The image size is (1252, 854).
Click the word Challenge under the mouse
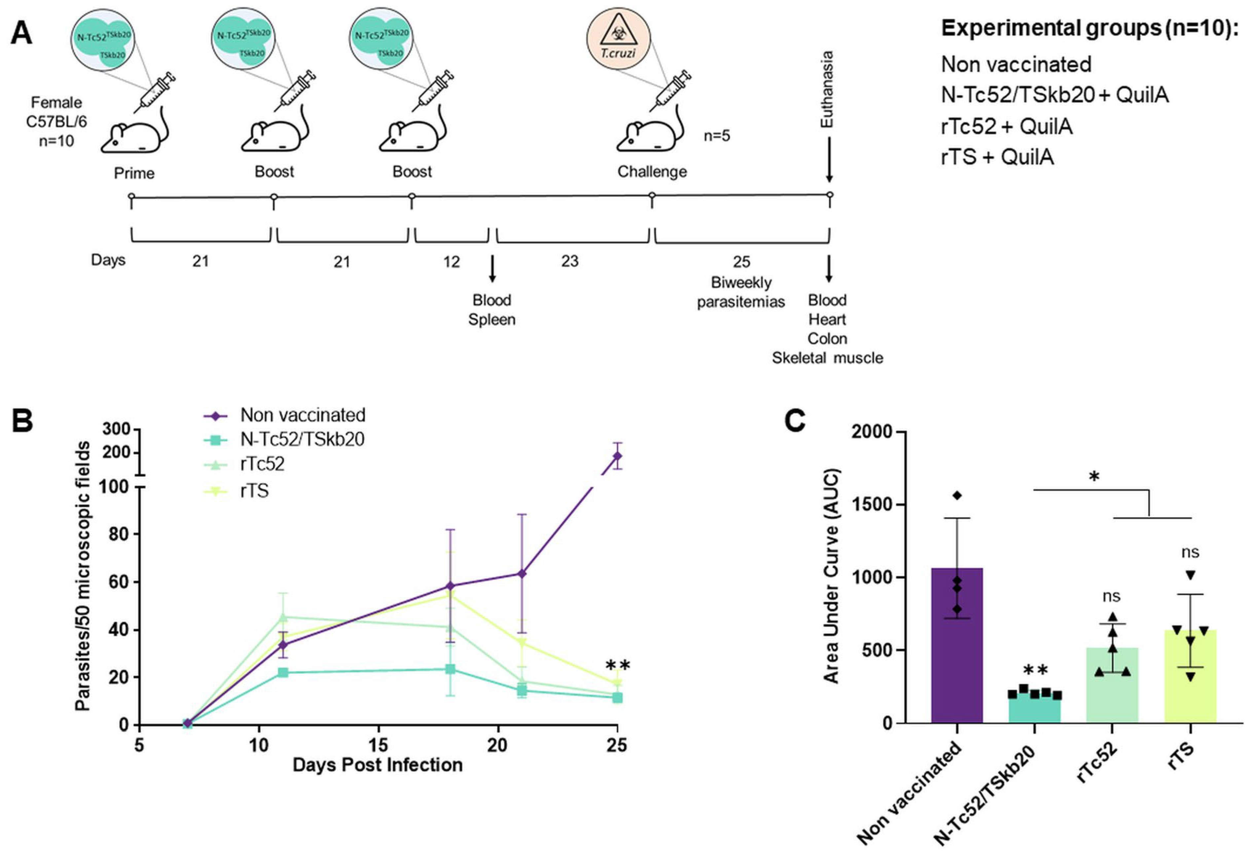point(652,172)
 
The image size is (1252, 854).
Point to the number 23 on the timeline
point(570,261)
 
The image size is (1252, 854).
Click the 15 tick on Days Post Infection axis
point(378,745)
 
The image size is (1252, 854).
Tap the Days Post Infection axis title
point(377,765)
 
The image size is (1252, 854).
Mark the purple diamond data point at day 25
point(617,456)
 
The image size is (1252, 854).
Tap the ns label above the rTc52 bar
point(1111,596)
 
